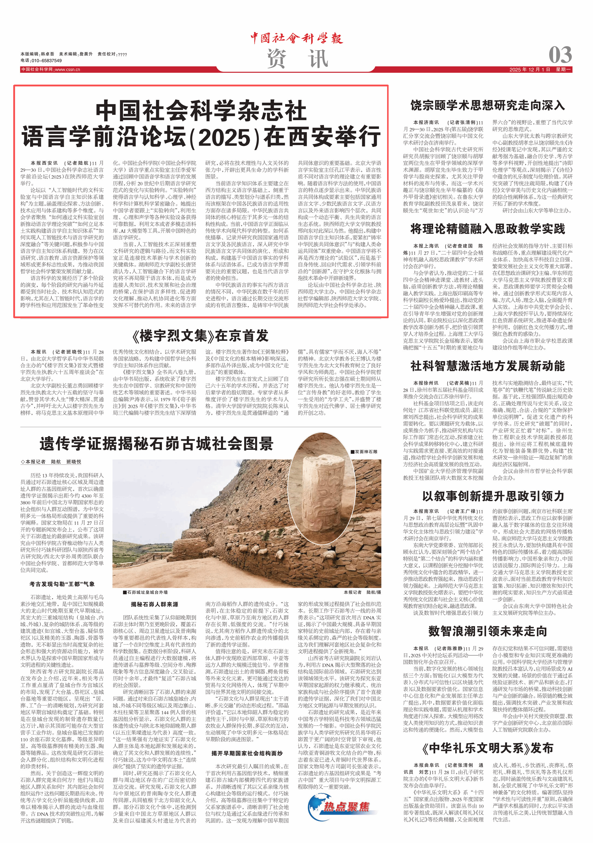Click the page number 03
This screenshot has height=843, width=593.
[560, 55]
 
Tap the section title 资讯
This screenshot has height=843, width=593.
[297, 59]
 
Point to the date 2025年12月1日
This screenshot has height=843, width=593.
[529, 69]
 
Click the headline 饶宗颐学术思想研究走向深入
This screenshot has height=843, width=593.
[488, 105]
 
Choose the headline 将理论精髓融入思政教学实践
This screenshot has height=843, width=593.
[488, 229]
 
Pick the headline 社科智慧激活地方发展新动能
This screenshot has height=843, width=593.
[488, 366]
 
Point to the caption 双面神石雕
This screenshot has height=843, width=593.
[366, 452]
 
